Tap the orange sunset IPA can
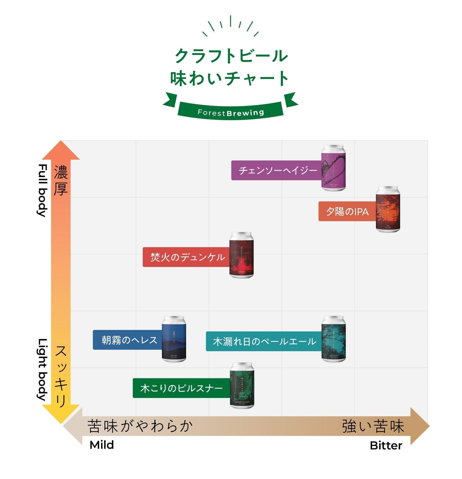click(388, 209)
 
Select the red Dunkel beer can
click(241, 255)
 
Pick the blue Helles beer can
click(174, 339)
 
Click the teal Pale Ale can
click(333, 339)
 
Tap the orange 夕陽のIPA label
click(347, 211)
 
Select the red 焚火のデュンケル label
click(187, 257)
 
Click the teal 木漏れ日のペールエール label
click(264, 341)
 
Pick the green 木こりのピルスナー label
click(181, 388)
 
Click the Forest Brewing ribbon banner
click(231, 112)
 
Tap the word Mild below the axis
click(102, 445)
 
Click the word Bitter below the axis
click(386, 445)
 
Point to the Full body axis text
click(43, 190)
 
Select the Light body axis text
click(43, 369)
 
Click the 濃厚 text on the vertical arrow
click(61, 180)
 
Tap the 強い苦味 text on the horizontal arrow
click(373, 426)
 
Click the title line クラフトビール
click(231, 56)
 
